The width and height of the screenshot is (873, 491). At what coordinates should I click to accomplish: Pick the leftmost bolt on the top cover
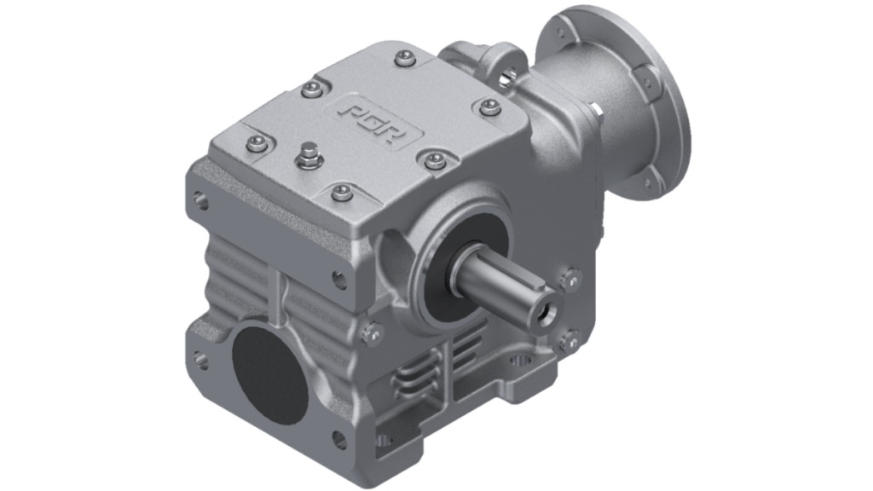point(254,143)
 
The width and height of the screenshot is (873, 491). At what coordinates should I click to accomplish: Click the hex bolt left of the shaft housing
point(369,333)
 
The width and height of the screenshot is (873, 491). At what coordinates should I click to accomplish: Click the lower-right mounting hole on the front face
point(338,441)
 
